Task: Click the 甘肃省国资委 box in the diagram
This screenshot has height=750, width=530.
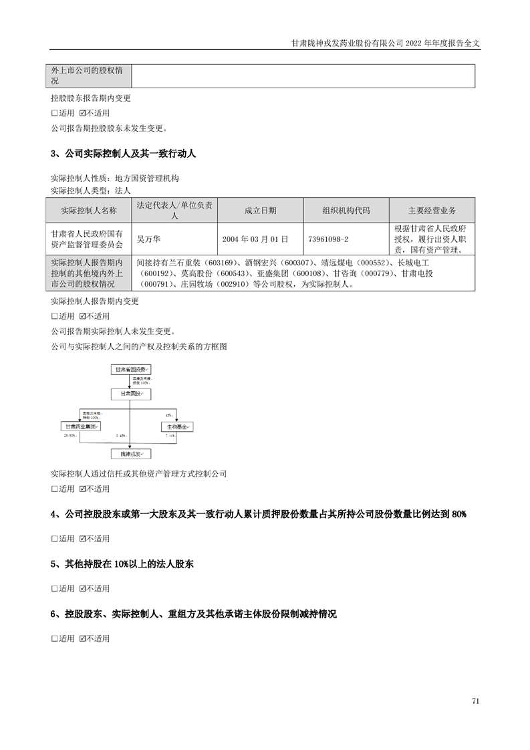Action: point(131,368)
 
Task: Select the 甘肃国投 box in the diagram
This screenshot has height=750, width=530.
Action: point(131,394)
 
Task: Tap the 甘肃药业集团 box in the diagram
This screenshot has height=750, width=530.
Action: point(82,426)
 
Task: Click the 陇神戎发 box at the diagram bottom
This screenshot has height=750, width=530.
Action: point(131,454)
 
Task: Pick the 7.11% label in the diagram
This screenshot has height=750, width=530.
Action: point(170,435)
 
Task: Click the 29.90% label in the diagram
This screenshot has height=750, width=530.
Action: point(70,435)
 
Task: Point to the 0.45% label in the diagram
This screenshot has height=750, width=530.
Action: point(122,436)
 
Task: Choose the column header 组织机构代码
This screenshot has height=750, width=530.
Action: point(346,211)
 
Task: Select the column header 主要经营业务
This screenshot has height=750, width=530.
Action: point(432,211)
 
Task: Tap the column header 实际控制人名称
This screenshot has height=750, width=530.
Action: point(88,211)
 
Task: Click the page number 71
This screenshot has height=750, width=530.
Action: point(475,701)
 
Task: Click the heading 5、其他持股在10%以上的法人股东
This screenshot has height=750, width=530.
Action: point(122,564)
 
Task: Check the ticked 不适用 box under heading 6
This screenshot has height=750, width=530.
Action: point(83,638)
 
